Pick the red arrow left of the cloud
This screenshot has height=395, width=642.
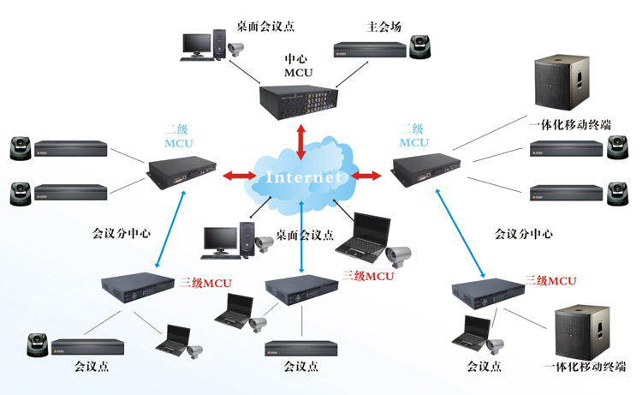point(240,176)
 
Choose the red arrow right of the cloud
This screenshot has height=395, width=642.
point(366,177)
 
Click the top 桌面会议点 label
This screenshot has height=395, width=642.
point(266,27)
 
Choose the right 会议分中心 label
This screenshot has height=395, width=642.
point(523,233)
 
